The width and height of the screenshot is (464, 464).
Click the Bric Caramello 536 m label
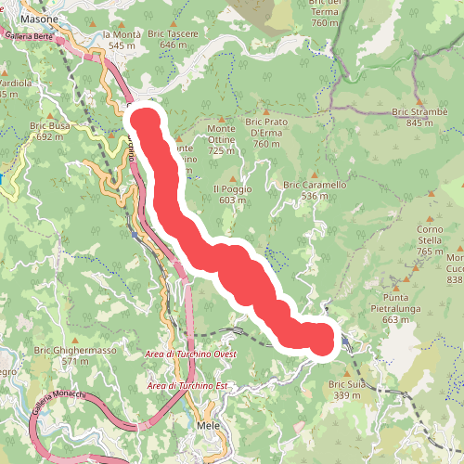315,190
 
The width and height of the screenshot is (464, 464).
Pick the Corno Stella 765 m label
430,239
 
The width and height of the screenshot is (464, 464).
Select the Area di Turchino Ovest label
191,355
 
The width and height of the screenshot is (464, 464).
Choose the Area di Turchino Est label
187,385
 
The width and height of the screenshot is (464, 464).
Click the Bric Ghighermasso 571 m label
75,355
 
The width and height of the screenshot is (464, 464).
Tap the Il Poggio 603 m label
233,193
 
